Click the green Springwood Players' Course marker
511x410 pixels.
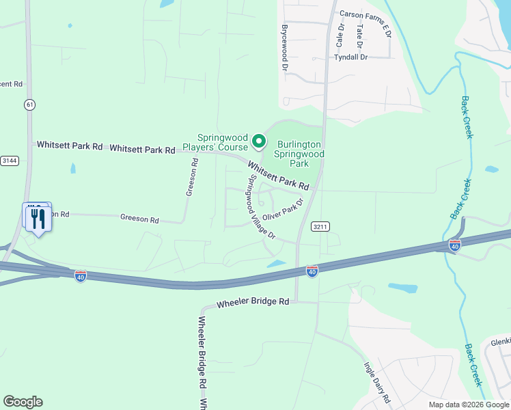click(259, 141)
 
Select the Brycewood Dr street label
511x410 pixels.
click(284, 49)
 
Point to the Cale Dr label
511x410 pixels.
click(340, 35)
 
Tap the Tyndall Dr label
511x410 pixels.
click(351, 57)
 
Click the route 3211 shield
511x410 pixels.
click(321, 226)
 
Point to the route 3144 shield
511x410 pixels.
click(10, 161)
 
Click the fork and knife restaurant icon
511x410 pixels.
click(38, 219)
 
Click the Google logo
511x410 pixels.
click(23, 402)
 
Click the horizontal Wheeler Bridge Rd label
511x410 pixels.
click(253, 302)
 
